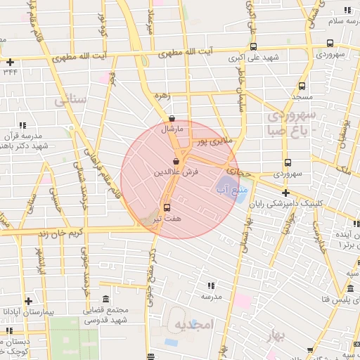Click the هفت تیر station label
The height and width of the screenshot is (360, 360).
point(167,219)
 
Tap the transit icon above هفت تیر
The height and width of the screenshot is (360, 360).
point(167,207)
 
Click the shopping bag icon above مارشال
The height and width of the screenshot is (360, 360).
point(173,118)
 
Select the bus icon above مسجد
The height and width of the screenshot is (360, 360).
point(286,83)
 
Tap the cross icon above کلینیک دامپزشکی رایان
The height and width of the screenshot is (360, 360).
point(285,192)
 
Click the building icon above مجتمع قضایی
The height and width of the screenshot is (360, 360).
point(105,299)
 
